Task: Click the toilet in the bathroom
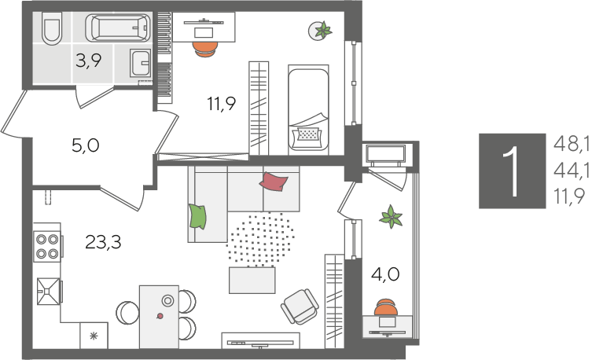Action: tap(52, 28)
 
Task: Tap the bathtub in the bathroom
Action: tap(118, 28)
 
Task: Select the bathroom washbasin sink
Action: tap(141, 63)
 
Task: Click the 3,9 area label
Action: tap(88, 61)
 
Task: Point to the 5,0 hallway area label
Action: tap(86, 145)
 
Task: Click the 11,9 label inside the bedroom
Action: tap(221, 104)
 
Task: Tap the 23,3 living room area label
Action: tap(103, 242)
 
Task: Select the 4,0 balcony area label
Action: tap(385, 274)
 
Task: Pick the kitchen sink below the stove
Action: tap(49, 291)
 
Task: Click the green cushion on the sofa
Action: tap(198, 216)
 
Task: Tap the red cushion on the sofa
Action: tap(274, 182)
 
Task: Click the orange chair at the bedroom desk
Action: tap(205, 49)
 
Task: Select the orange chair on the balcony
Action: tap(386, 307)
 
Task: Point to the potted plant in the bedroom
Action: tap(321, 30)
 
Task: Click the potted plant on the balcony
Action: tap(392, 217)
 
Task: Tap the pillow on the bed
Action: tap(309, 134)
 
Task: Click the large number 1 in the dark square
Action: tap(513, 171)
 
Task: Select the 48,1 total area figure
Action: tap(572, 144)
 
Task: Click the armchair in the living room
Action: tap(300, 307)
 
